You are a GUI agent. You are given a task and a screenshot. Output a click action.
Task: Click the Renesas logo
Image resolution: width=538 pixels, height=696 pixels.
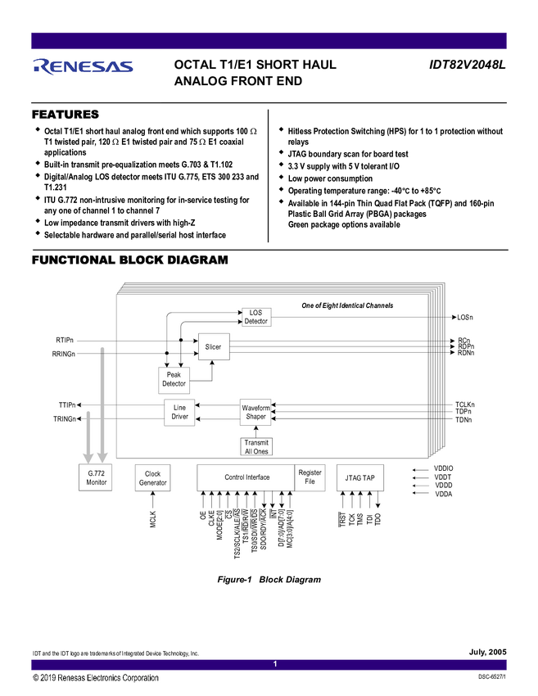(83, 66)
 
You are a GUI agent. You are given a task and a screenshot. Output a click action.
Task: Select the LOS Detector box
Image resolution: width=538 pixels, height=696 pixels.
(255, 316)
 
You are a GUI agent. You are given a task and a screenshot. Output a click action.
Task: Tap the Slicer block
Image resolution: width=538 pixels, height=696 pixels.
(213, 347)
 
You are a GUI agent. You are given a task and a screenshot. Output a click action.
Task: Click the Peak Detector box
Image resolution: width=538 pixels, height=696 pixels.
(174, 379)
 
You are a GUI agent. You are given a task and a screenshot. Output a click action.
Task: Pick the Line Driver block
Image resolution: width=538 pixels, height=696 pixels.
(179, 411)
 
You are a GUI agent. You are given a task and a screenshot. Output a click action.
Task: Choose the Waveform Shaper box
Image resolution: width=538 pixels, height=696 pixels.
(255, 411)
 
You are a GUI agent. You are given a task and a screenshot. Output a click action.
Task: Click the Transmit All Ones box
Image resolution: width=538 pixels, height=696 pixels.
(255, 447)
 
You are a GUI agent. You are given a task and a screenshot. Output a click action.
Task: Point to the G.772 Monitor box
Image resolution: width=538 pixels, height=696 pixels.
(97, 478)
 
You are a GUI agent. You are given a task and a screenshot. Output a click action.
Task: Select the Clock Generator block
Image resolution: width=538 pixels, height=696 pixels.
(152, 478)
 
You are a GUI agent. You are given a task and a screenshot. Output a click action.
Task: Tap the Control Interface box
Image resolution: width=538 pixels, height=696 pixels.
(246, 477)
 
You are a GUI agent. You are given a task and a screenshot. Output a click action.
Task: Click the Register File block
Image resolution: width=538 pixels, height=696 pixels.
(310, 477)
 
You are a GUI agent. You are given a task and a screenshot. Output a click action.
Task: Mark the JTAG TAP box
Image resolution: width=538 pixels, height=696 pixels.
(359, 477)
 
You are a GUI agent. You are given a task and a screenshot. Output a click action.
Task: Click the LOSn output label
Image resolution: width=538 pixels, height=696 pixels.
(464, 317)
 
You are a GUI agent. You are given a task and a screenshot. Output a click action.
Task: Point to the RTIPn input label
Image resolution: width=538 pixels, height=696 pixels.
(65, 340)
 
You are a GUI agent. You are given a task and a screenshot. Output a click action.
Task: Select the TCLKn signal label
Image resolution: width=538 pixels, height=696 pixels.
(464, 404)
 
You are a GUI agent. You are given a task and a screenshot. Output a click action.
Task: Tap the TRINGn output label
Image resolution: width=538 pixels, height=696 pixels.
(65, 419)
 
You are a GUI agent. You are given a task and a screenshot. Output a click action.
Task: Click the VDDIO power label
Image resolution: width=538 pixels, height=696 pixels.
(443, 469)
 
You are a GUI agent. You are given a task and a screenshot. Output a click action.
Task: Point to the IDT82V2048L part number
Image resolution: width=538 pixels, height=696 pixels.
(468, 62)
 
